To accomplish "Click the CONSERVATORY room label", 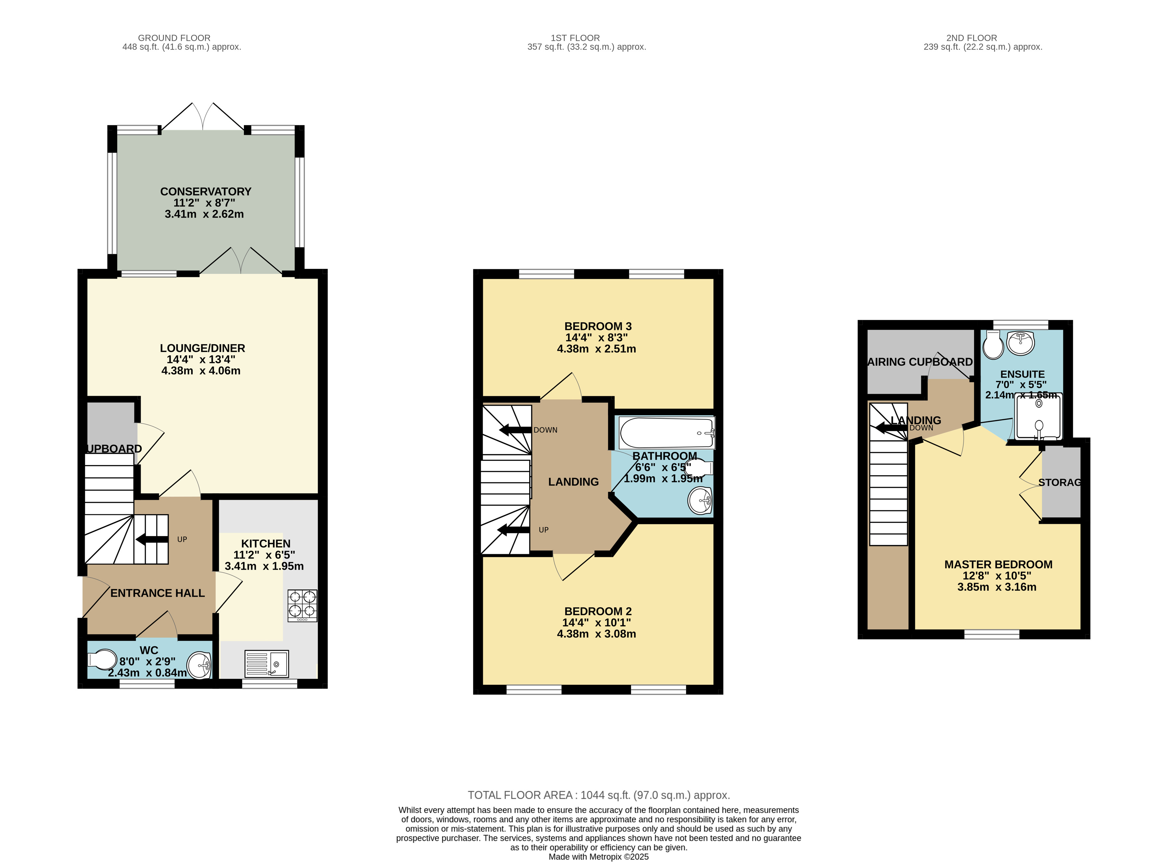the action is (x=206, y=192).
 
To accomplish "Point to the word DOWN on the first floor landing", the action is (x=545, y=430).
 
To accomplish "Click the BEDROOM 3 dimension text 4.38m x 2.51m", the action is (x=597, y=349).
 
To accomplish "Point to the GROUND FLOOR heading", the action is (x=174, y=38).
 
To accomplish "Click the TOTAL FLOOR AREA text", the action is (x=599, y=795).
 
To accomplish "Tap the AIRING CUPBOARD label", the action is (x=920, y=362).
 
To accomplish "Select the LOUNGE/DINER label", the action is (x=202, y=348).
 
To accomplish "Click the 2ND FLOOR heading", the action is (x=972, y=38).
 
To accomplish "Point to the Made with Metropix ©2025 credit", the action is (x=599, y=857).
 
